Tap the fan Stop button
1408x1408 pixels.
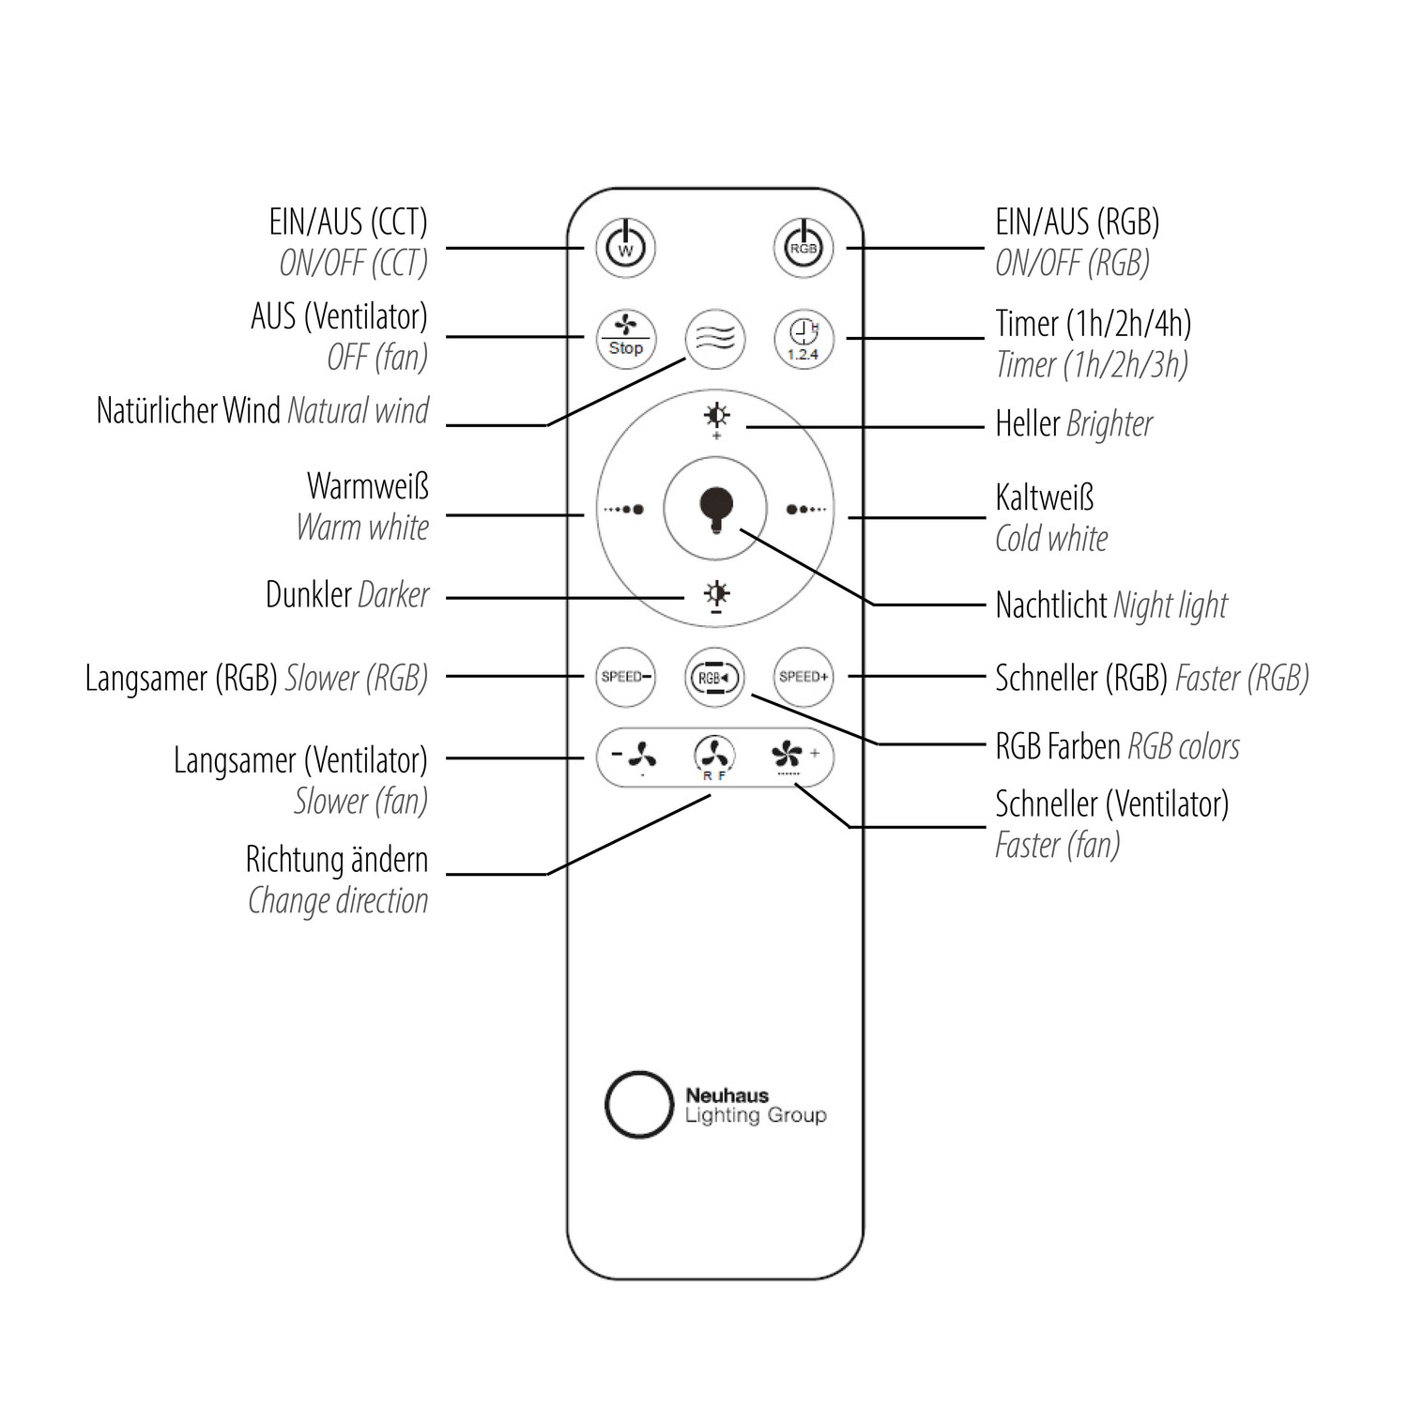pyautogui.click(x=626, y=338)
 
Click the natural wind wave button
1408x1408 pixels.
pyautogui.click(x=715, y=338)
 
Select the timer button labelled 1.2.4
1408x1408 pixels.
pyautogui.click(x=803, y=338)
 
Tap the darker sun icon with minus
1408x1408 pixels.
pyautogui.click(x=717, y=596)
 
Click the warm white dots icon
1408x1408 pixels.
pyautogui.click(x=624, y=510)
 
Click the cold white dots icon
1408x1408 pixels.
pyautogui.click(x=806, y=510)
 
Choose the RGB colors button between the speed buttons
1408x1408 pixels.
pyautogui.click(x=714, y=677)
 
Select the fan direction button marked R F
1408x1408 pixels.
pyautogui.click(x=714, y=757)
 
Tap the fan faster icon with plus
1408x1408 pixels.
pyautogui.click(x=794, y=755)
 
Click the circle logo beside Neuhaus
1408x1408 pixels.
pyautogui.click(x=639, y=1104)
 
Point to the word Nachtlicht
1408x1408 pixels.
pyautogui.click(x=1051, y=605)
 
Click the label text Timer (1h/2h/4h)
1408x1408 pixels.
pyautogui.click(x=1093, y=324)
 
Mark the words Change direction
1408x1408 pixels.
pyautogui.click(x=338, y=901)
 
